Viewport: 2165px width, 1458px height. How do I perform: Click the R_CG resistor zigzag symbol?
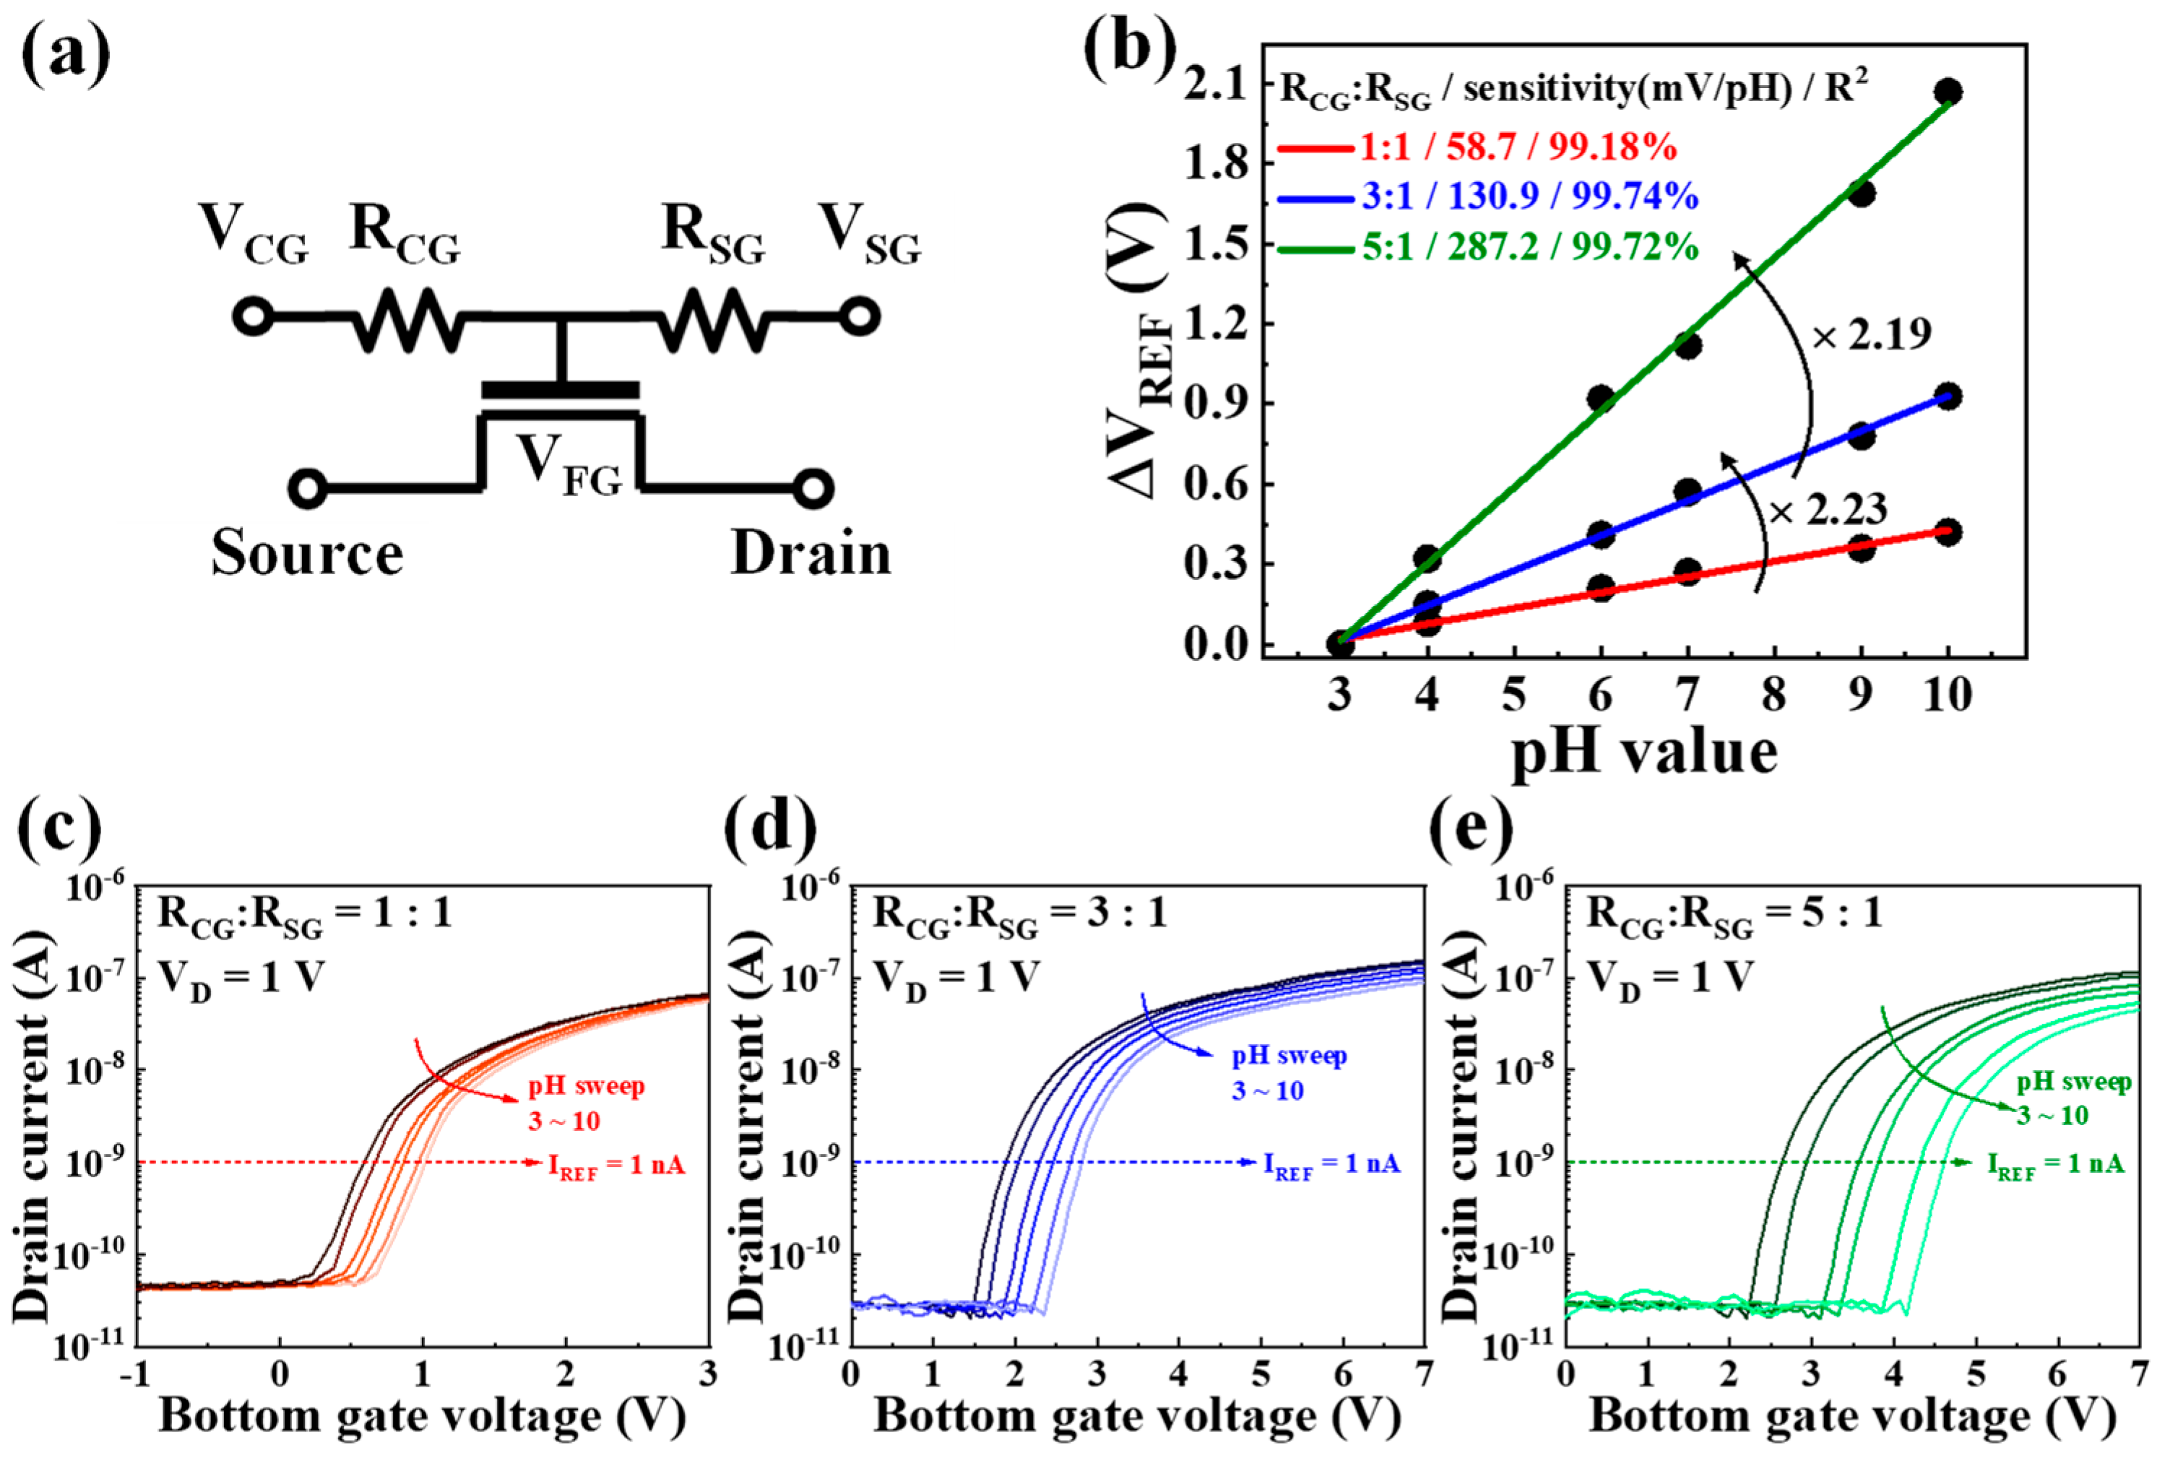407,319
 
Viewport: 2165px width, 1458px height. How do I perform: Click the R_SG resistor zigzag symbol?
712,319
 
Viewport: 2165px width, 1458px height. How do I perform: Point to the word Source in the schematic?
307,554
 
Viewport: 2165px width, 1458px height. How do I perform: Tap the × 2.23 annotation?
1828,510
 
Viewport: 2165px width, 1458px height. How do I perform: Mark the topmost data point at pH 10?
1948,92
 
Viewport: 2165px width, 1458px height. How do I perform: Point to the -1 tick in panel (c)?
135,1374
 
